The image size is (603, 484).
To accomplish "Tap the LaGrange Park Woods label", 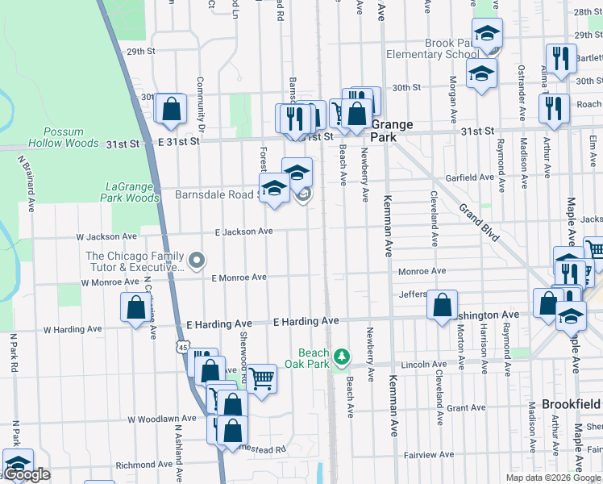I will pos(131,192).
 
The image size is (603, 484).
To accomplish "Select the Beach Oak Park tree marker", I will pos(342,356).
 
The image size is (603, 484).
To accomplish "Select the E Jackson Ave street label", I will pos(243,232).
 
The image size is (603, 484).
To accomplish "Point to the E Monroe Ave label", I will pos(239,277).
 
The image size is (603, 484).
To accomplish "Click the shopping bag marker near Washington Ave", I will pos(442,306).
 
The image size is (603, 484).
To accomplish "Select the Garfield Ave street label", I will pos(475,177).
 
